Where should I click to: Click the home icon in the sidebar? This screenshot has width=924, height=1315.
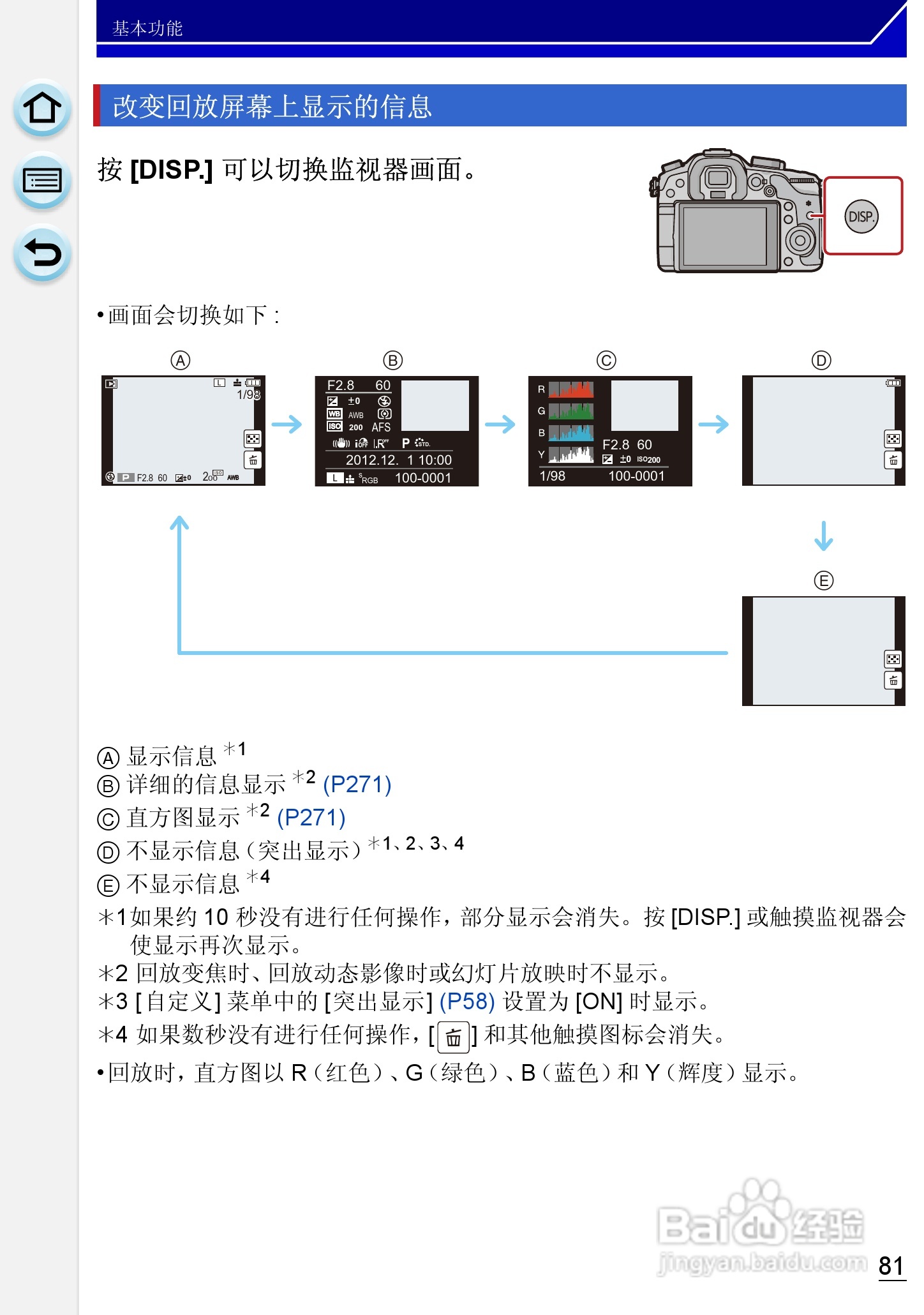(x=42, y=108)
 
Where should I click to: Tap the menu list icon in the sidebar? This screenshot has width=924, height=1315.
(x=42, y=181)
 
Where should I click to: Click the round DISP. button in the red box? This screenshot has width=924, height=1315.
(x=861, y=216)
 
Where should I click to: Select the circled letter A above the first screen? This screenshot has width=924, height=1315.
(x=181, y=361)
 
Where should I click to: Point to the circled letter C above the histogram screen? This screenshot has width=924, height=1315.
(x=606, y=361)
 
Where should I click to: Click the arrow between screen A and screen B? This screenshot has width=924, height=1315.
(x=287, y=425)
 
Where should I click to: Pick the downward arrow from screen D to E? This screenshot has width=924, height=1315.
(x=823, y=536)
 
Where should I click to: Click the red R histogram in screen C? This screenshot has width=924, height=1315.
(x=571, y=389)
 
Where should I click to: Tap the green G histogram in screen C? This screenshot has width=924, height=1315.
(x=571, y=411)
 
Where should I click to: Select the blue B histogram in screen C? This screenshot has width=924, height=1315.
(x=571, y=433)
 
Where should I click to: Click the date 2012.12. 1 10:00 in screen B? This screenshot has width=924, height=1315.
(x=398, y=460)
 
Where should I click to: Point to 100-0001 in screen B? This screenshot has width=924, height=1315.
(x=422, y=477)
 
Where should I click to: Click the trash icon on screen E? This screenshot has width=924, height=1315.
(x=893, y=680)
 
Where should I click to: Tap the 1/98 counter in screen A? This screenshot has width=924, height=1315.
(x=248, y=395)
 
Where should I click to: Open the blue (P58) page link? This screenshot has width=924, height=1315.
(x=467, y=1001)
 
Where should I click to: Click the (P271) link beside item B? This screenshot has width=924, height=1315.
(x=357, y=784)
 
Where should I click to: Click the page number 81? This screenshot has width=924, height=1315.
(x=891, y=1265)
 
